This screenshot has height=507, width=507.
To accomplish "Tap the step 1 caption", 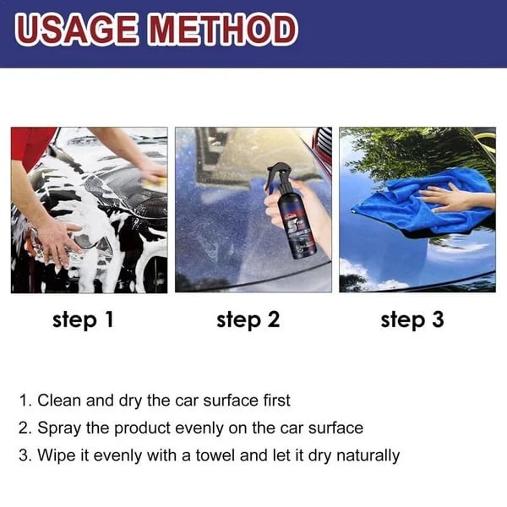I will [82, 319].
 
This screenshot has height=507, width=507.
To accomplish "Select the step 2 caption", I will [248, 319].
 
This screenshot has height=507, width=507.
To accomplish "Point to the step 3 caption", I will [412, 319].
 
